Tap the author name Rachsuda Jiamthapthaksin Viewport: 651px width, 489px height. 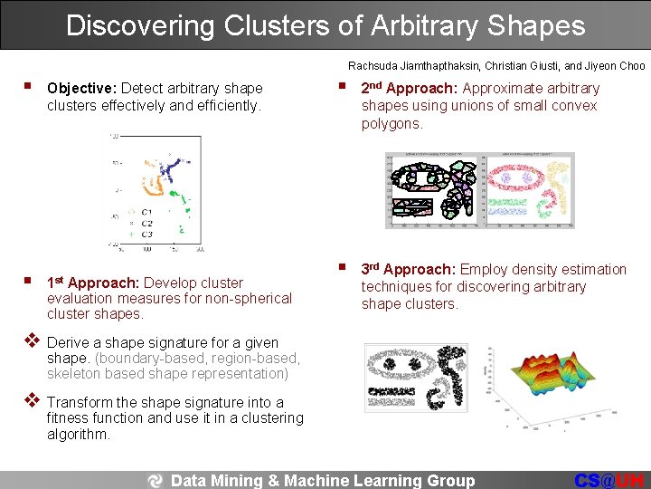(414, 66)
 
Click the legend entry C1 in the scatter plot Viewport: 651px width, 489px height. (146, 212)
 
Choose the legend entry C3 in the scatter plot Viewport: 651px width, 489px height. (146, 234)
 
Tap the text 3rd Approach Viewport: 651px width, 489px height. (408, 269)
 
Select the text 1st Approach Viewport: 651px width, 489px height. (93, 283)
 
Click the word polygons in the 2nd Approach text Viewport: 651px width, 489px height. (392, 123)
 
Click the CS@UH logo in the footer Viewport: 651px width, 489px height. (611, 481)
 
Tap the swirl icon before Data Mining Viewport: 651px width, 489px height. (156, 481)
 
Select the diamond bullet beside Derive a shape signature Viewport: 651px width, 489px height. (31, 341)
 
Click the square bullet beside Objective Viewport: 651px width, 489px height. (29, 87)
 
